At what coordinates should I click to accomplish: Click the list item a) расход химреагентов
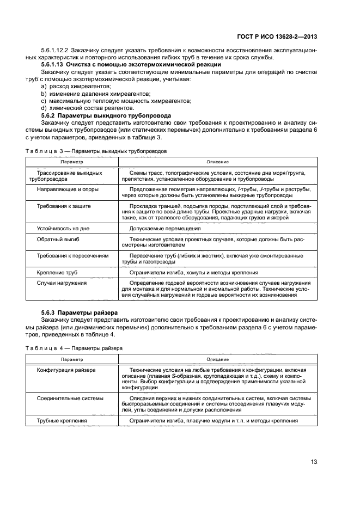click(76, 86)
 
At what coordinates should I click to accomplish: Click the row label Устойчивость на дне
click(61, 228)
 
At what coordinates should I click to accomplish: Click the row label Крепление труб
click(57, 272)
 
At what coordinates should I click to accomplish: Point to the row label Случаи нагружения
click(62, 283)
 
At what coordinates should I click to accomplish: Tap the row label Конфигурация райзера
click(66, 370)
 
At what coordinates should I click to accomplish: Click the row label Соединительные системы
click(70, 398)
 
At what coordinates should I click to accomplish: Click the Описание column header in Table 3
click(217, 162)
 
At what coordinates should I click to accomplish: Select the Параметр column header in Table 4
click(71, 359)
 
